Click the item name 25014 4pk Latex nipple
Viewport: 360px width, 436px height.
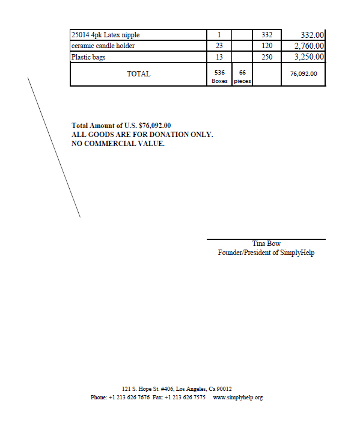point(105,35)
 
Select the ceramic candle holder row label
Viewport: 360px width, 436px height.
point(103,46)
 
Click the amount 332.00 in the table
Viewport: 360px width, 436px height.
point(312,35)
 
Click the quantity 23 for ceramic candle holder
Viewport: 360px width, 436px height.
point(219,46)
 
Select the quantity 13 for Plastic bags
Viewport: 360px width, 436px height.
point(219,57)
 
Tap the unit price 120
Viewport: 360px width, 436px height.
point(267,46)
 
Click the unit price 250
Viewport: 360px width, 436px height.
point(267,57)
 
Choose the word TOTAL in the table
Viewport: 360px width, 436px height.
point(138,74)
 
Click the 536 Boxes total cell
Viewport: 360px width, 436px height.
point(219,76)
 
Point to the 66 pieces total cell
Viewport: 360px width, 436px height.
point(242,76)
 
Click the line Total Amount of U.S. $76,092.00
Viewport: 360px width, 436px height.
point(121,126)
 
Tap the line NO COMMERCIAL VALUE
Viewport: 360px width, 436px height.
point(118,144)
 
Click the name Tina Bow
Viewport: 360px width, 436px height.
point(266,244)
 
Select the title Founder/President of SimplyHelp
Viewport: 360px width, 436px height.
point(266,253)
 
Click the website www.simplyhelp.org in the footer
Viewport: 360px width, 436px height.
point(238,398)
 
